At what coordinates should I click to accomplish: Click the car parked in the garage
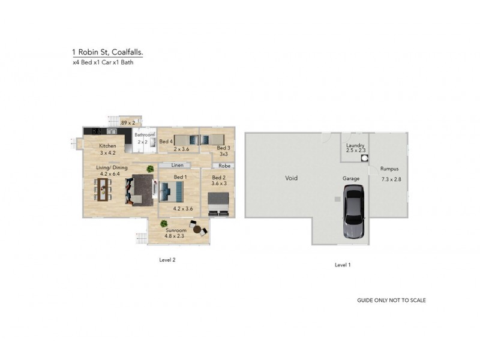pos(354,212)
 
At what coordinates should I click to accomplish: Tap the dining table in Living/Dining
pos(103,190)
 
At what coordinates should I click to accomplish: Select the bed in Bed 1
pos(171,192)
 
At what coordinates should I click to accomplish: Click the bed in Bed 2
pos(218,204)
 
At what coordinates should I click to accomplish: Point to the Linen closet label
pos(177,166)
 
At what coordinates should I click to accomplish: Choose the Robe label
pos(224,166)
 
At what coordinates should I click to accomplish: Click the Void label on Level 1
pos(291,178)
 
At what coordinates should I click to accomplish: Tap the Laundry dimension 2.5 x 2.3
pos(356,151)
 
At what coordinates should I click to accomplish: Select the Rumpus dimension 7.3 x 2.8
pos(391,179)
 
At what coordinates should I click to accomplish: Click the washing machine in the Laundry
pos(365,158)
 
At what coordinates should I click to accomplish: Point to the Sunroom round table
pos(197,229)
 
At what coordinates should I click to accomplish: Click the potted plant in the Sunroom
pos(164,224)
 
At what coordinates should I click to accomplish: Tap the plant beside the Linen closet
pos(150,169)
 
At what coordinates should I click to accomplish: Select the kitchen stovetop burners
pos(97,131)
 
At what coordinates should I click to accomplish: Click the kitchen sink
pos(112,131)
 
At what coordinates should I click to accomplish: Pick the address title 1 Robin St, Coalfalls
pos(107,52)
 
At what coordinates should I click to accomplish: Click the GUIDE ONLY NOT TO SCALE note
pos(391,301)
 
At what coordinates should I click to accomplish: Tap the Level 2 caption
pos(167,260)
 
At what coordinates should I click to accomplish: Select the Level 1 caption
pos(343,265)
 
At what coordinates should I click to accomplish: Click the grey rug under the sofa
pos(143,190)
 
